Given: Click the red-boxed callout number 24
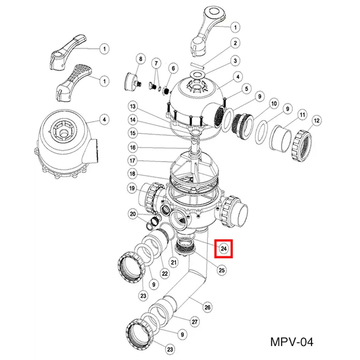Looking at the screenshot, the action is [224, 248].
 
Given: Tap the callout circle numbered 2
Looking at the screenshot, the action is [235, 43].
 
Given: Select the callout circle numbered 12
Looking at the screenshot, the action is [317, 121].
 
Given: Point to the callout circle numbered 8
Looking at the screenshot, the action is [141, 59].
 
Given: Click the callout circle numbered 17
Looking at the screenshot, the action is [132, 161].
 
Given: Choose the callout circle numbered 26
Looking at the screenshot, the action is [207, 307].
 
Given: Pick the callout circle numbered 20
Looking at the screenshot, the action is [133, 214].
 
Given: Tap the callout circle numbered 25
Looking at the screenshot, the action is [221, 270].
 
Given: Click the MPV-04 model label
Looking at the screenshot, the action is [292, 342].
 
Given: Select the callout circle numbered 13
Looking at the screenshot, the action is [133, 107].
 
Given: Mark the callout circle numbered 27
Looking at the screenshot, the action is [195, 322].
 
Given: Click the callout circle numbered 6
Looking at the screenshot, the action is [173, 68].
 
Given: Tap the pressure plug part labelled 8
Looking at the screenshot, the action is [133, 82].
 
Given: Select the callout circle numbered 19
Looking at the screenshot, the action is [132, 189].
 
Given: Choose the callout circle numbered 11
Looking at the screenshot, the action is [302, 114].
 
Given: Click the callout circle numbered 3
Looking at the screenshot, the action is [235, 61].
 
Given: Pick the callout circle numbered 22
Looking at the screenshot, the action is [165, 274].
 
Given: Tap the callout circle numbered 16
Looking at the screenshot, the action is [133, 148].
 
